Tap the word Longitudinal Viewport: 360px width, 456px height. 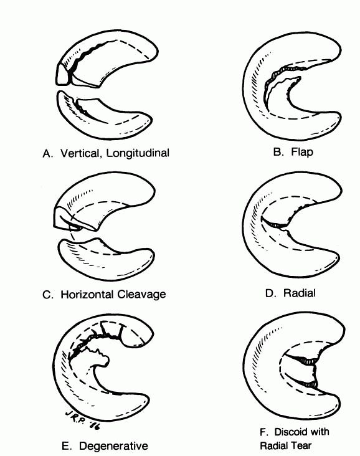(x=138, y=153)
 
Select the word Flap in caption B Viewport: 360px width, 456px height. (x=302, y=152)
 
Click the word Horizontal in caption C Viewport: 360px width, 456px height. (x=87, y=294)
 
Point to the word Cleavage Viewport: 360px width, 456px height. (x=141, y=295)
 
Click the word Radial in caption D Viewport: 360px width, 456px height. (x=299, y=293)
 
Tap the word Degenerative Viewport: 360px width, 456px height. (x=113, y=446)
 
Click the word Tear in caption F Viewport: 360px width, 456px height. (x=301, y=445)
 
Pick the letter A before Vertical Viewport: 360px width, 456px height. (x=48, y=153)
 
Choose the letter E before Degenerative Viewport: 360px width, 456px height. (x=67, y=446)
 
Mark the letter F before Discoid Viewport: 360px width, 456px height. (x=263, y=432)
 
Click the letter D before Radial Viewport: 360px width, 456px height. (x=270, y=293)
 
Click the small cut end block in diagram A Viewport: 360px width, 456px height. (x=63, y=75)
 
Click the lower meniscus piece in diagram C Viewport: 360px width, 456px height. (x=106, y=259)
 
